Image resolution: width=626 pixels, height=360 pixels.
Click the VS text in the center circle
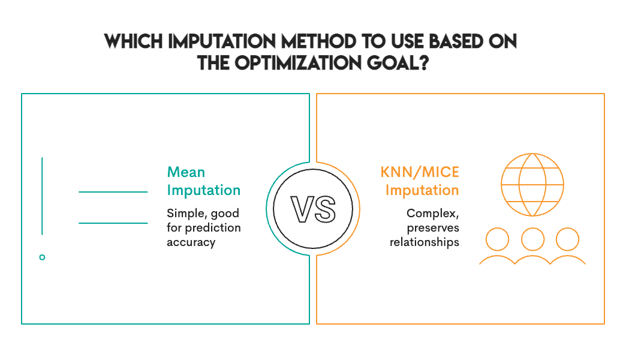[312, 209]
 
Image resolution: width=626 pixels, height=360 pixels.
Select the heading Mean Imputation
[203, 181]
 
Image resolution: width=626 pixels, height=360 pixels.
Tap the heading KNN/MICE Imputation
[420, 181]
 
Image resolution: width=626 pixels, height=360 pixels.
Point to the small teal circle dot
[42, 257]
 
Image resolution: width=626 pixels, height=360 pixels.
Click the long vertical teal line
[42, 196]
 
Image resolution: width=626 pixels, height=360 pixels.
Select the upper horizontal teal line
[113, 192]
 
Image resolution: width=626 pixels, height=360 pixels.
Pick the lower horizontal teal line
[113, 223]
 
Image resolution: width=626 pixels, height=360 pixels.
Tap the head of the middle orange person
[532, 239]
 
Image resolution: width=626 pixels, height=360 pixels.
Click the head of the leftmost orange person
[497, 239]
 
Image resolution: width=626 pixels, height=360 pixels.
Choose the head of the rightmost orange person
[567, 239]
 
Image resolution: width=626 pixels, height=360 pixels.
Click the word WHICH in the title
[134, 42]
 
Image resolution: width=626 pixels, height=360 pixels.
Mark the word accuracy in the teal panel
[191, 242]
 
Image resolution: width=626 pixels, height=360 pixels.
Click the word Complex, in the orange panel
[432, 214]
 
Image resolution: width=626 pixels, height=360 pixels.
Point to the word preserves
[433, 228]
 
